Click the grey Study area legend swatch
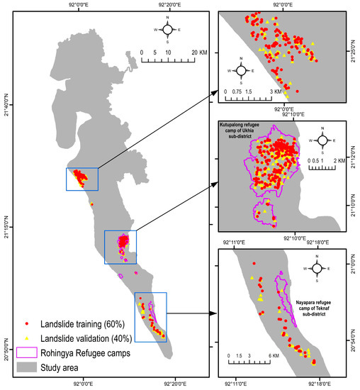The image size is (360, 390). pyautogui.click(x=27, y=367)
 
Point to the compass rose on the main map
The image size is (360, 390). pyautogui.click(x=168, y=30)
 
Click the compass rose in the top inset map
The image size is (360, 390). pyautogui.click(x=242, y=71)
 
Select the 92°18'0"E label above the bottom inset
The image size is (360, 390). pyautogui.click(x=308, y=243)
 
